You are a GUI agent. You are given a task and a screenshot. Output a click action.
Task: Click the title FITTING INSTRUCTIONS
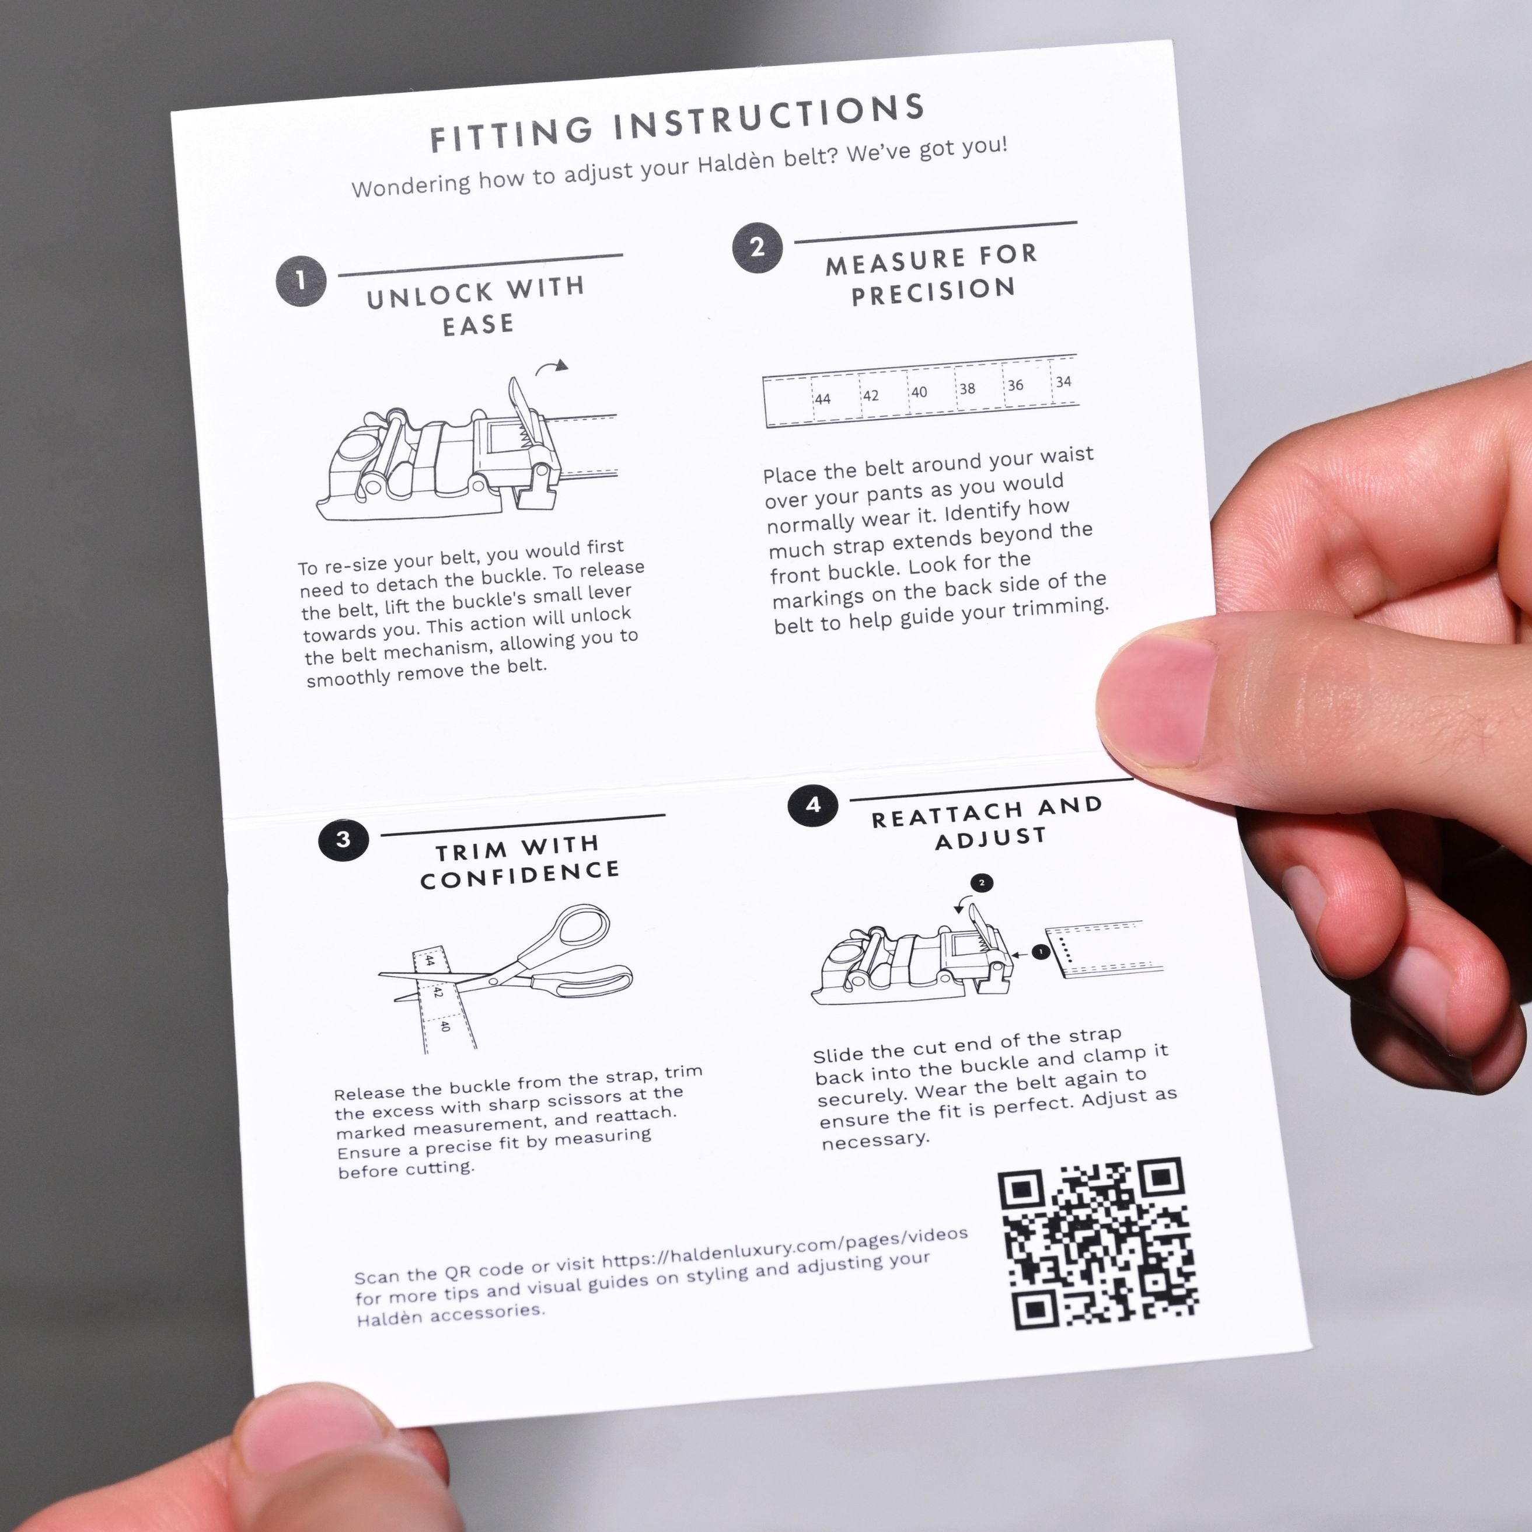[678, 123]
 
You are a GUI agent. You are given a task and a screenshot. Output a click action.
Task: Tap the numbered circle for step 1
[301, 280]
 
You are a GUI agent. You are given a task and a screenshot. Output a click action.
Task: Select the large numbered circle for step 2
[758, 247]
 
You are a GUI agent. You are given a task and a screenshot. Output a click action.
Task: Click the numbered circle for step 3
[343, 840]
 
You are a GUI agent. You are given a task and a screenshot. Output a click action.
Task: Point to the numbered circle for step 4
[813, 805]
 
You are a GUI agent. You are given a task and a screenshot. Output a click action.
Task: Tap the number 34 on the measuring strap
[1063, 382]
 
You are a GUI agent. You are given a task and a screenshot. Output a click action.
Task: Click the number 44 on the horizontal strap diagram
[822, 399]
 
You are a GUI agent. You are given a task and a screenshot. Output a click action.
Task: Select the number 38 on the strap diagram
[968, 389]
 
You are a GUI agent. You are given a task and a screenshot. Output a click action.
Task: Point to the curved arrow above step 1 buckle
[552, 367]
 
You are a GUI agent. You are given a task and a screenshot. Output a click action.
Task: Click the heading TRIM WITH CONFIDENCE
[519, 862]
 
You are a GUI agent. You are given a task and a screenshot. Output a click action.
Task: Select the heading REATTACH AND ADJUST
[988, 823]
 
